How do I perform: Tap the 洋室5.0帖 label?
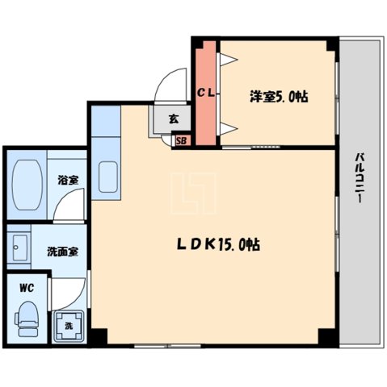pyautogui.click(x=278, y=97)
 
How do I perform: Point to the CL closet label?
pyautogui.click(x=206, y=94)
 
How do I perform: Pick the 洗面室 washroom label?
pyautogui.click(x=61, y=251)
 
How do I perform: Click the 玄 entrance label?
pyautogui.click(x=174, y=119)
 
